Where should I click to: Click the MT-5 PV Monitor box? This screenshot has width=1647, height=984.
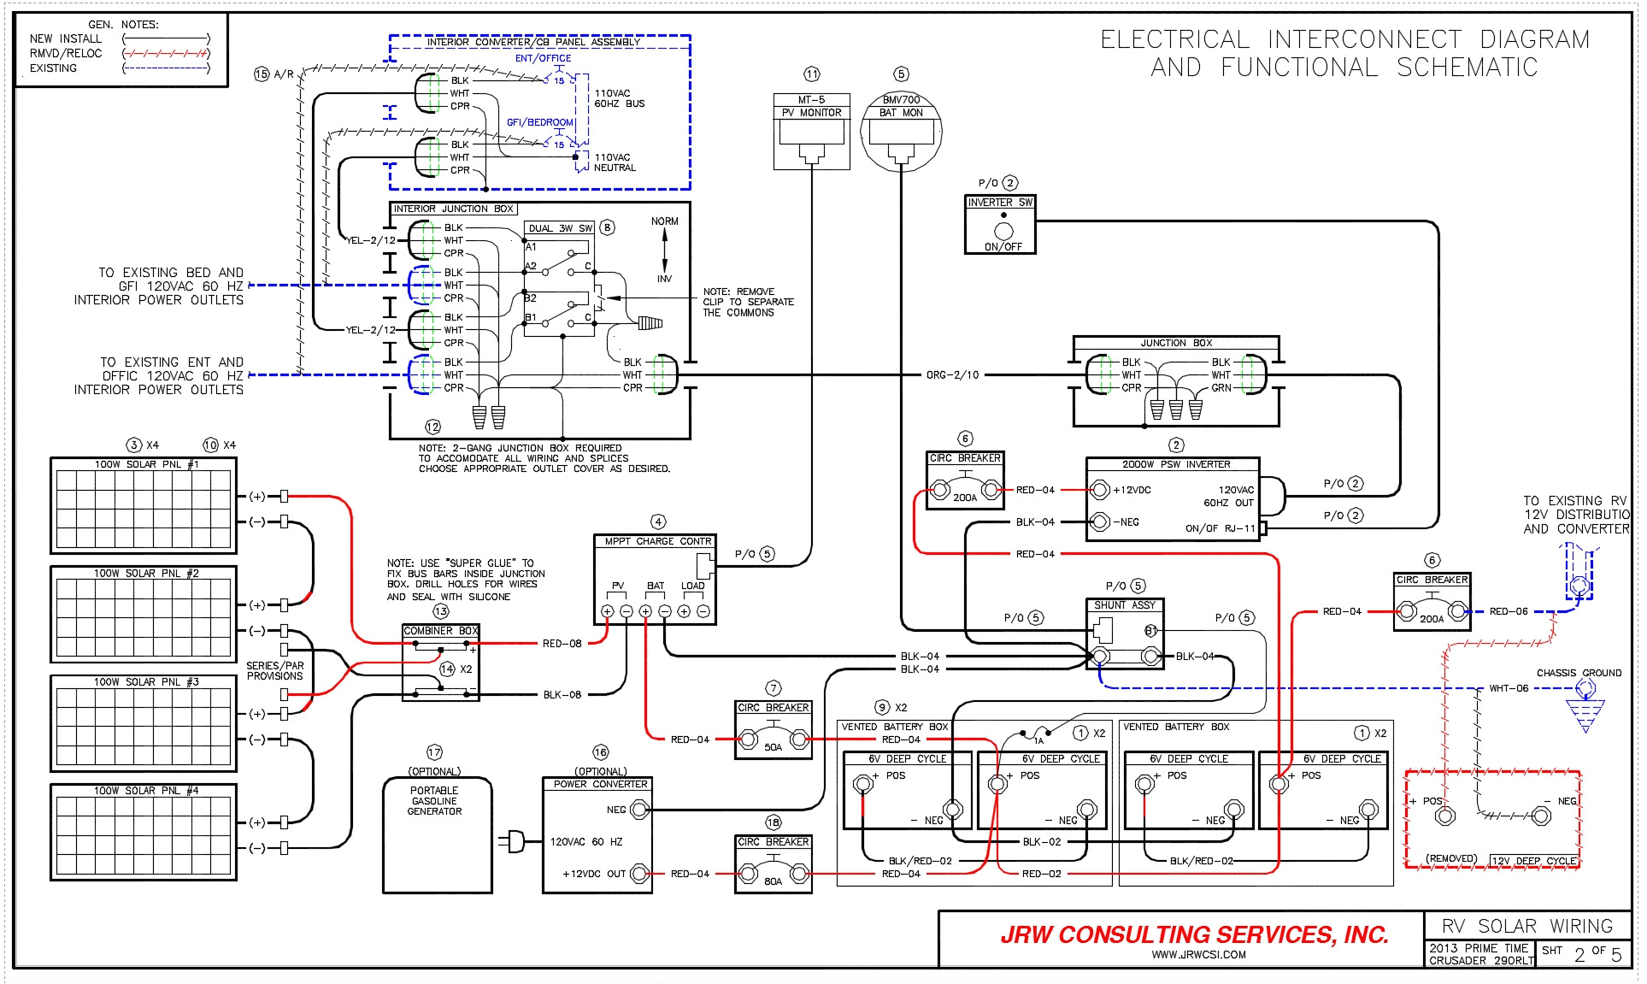point(811,131)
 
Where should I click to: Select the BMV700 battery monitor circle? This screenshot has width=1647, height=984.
point(901,133)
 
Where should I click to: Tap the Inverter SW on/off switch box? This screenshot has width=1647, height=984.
point(1000,225)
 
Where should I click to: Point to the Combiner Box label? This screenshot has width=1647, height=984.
point(440,631)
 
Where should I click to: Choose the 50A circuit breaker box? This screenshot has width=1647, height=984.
point(773,730)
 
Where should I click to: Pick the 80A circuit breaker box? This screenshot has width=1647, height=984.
point(773,864)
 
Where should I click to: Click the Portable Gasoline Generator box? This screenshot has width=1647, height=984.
point(437,834)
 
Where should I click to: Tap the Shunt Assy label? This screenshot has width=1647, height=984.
point(1124,605)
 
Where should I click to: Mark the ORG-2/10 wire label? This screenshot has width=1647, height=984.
point(952,374)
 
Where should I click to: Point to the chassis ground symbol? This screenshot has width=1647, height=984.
point(1585,714)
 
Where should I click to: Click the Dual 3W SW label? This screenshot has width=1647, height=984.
point(560,228)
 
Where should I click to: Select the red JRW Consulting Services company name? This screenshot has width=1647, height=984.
point(1194,934)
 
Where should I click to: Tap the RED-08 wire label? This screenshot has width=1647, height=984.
point(562,644)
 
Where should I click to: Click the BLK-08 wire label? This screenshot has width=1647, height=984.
point(562,695)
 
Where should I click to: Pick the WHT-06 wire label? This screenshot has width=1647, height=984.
point(1508,688)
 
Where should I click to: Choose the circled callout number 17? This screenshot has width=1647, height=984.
point(434,752)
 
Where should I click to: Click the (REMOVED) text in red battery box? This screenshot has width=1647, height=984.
point(1450,858)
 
